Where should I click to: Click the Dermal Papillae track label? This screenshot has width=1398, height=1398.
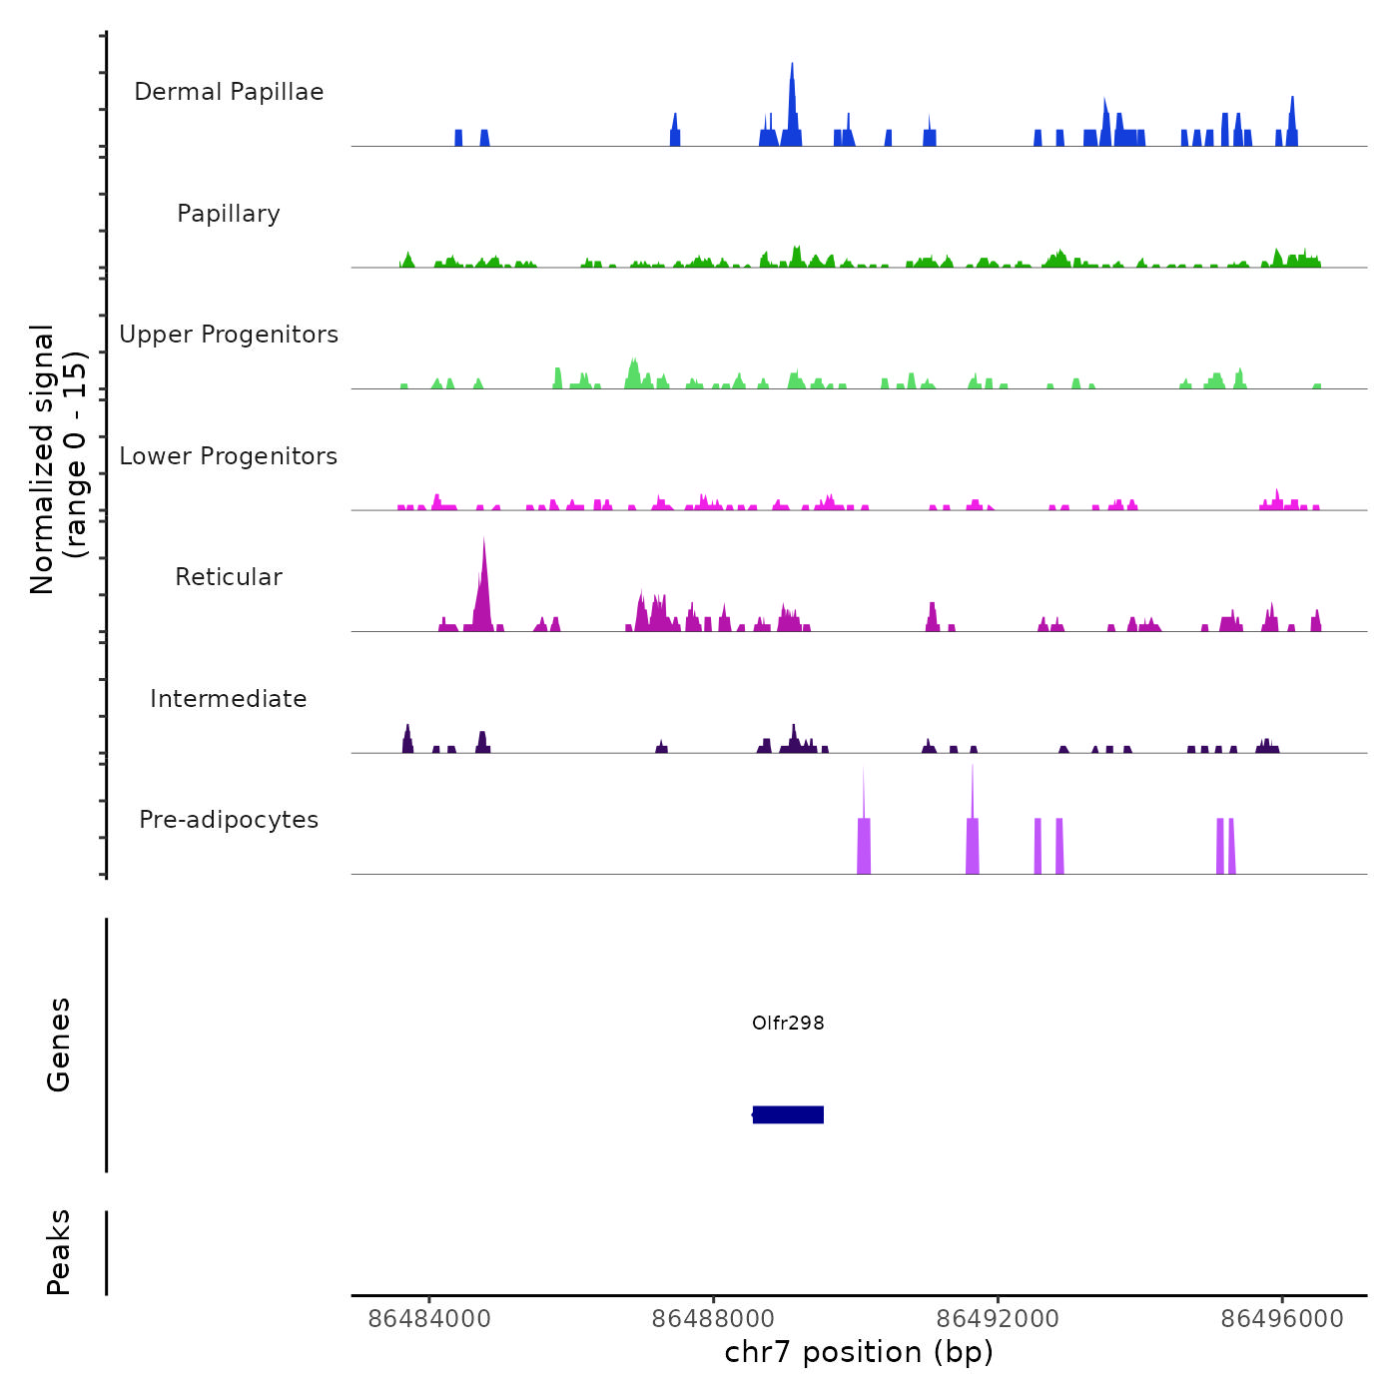(229, 92)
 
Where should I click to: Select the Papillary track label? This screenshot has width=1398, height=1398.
(229, 214)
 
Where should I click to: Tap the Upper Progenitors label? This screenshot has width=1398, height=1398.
(229, 335)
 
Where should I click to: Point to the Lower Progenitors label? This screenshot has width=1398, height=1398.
(229, 456)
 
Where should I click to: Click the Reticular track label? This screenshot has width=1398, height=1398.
(229, 577)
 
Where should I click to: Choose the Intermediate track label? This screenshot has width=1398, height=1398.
(229, 699)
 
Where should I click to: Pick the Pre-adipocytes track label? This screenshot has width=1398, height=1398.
(229, 820)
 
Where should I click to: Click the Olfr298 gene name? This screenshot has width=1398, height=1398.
(788, 1023)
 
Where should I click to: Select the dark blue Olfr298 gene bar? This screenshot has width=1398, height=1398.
(788, 1114)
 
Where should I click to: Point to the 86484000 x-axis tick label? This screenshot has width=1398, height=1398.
(429, 1319)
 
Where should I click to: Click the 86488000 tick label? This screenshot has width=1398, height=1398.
(714, 1319)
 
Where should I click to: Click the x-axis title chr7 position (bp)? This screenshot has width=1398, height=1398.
(859, 1352)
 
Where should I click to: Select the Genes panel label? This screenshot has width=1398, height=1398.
(59, 1045)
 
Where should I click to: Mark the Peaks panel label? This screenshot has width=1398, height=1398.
(59, 1252)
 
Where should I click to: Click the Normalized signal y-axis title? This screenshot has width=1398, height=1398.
(58, 458)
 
